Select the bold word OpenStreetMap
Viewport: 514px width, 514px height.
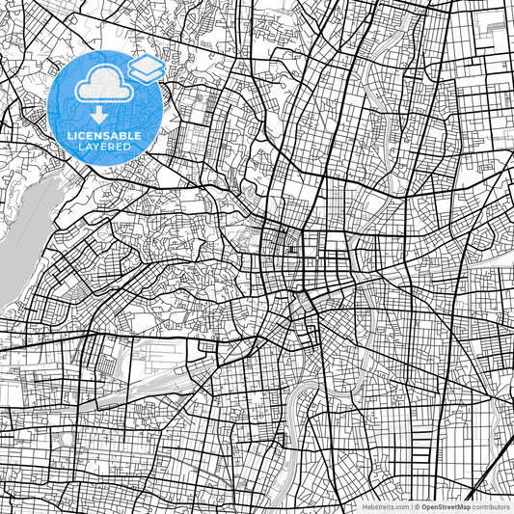[445, 505]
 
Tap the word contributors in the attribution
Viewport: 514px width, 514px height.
[492, 505]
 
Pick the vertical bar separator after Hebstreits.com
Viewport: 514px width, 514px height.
[410, 505]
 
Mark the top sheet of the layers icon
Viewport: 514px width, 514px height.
[146, 63]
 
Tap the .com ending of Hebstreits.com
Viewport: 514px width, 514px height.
[400, 505]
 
